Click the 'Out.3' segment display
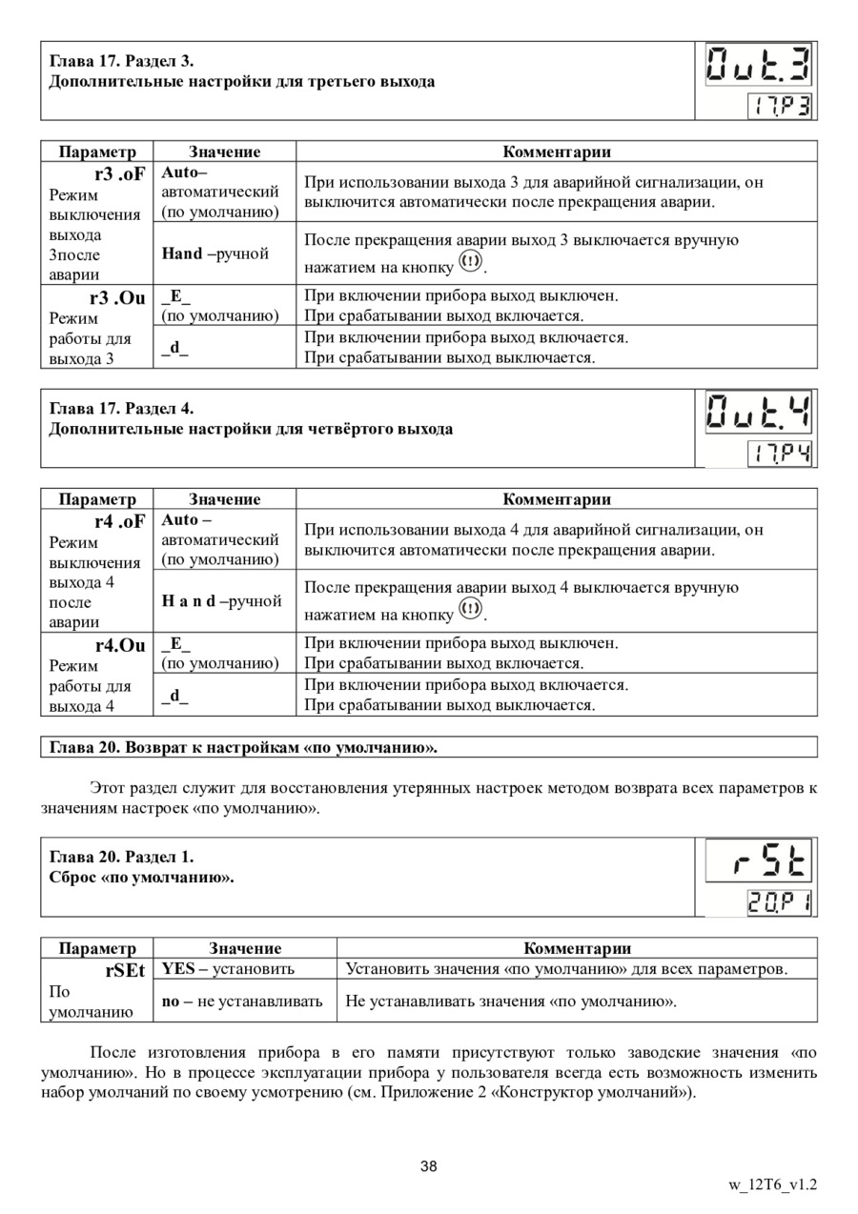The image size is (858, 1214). point(760,67)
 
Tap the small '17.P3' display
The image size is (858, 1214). point(778,106)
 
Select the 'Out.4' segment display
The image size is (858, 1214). point(760,414)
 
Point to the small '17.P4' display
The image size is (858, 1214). point(778,454)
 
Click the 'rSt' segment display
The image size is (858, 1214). point(760,862)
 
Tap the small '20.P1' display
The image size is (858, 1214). point(778,902)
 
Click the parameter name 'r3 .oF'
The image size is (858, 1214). point(119,174)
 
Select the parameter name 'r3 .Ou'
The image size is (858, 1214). point(119,297)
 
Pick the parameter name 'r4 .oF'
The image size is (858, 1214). point(119,521)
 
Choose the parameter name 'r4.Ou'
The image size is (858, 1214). point(119,645)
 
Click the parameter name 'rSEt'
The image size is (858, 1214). point(125,970)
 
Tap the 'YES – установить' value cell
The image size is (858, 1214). point(228,969)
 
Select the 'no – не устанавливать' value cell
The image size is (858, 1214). point(241,1001)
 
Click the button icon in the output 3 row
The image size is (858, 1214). point(471,261)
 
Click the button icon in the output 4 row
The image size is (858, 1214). point(471,608)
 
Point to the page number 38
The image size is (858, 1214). point(429,1167)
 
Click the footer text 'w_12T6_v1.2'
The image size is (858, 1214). point(772,1185)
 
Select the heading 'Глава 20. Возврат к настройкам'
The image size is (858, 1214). point(243,746)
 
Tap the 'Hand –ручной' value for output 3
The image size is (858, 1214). point(215,253)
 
